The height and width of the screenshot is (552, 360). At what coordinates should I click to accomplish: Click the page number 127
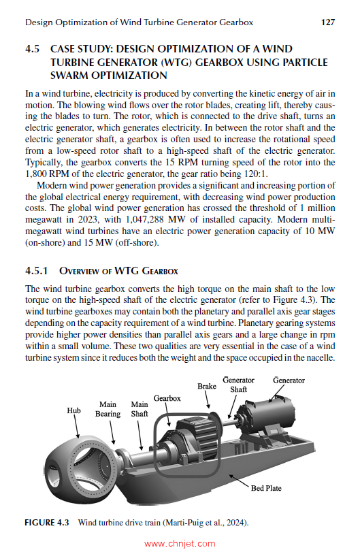coord(327,22)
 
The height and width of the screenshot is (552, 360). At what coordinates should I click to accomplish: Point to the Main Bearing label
coord(108,409)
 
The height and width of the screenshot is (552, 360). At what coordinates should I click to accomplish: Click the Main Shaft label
coord(139,409)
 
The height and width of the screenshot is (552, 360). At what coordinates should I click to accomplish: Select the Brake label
coord(207,386)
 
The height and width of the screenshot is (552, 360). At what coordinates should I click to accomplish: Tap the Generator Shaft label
coord(238,385)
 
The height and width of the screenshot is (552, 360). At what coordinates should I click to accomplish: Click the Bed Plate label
coord(266,488)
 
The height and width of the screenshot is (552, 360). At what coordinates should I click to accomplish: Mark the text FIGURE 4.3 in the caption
coord(48,523)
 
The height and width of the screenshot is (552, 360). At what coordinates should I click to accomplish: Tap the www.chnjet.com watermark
coord(180,544)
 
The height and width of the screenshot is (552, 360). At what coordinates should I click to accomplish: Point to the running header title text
coord(139,22)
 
